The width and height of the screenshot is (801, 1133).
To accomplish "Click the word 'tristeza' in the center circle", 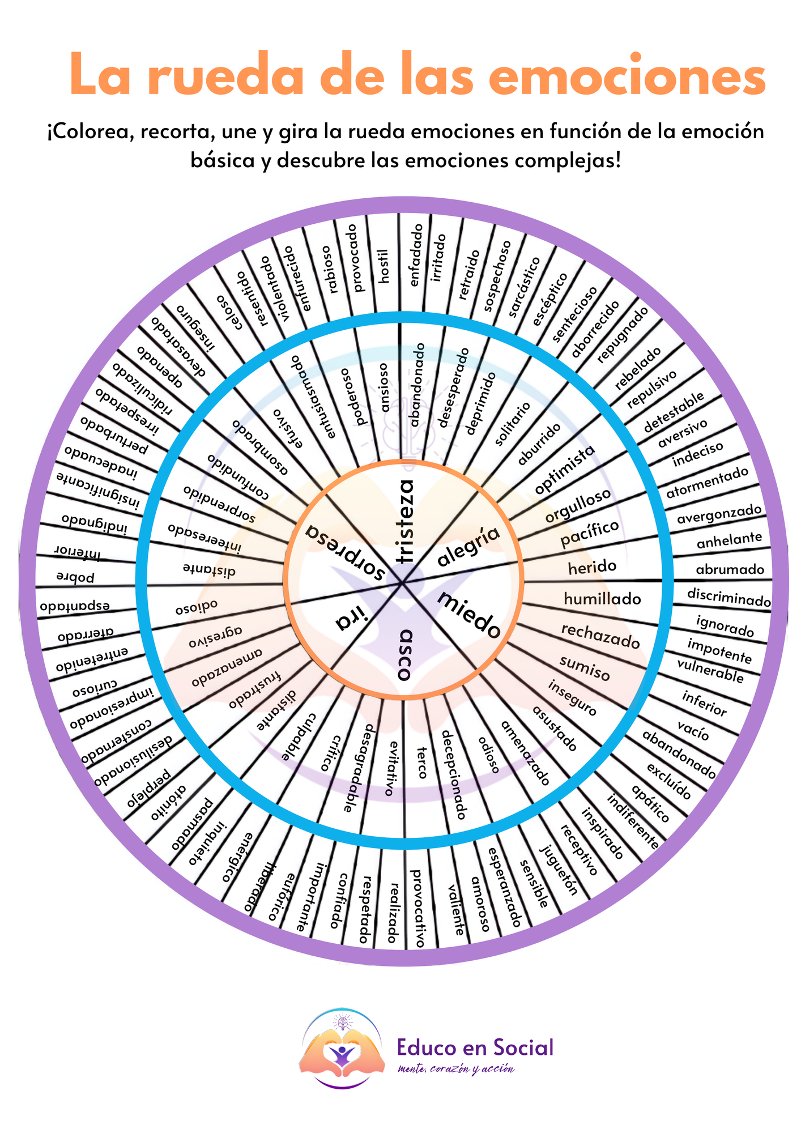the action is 405,522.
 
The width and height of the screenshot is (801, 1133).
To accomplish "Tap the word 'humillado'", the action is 602,599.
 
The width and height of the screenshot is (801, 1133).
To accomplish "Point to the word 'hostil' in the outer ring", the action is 384,266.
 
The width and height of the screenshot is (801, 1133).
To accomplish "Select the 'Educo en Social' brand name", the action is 475,1047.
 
